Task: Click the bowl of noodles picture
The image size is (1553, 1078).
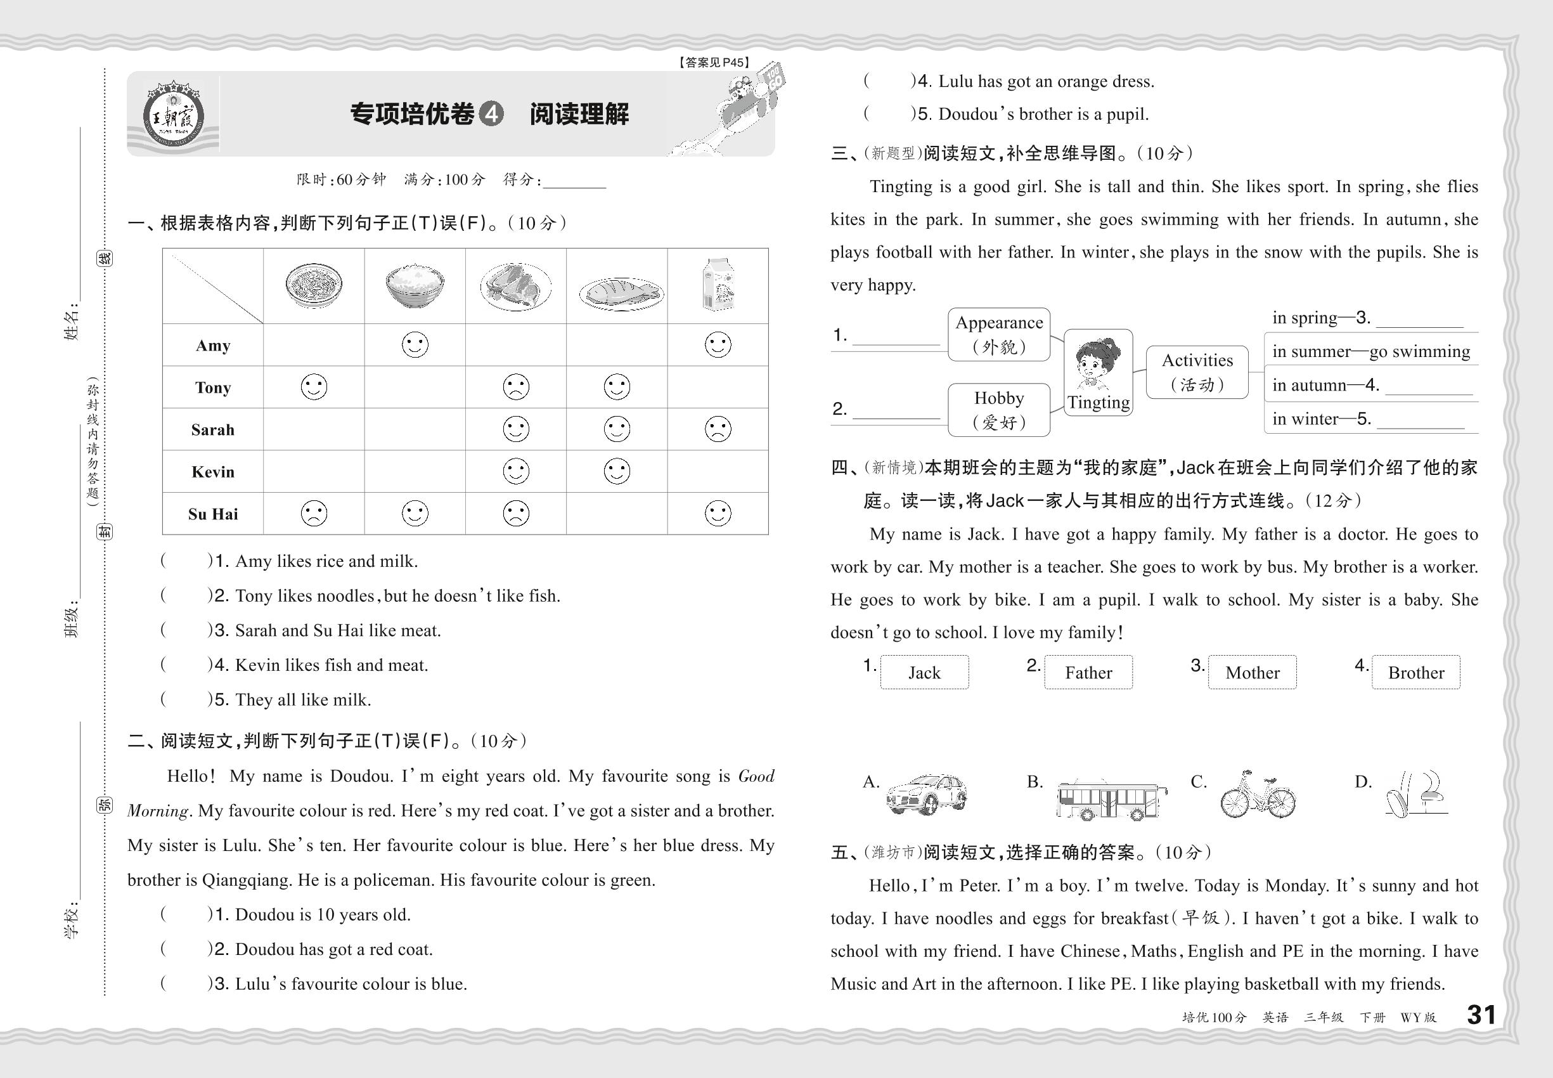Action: (x=313, y=285)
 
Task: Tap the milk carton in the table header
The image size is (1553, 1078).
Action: (x=718, y=284)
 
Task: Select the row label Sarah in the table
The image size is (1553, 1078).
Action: (x=213, y=429)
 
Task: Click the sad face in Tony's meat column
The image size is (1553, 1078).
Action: (x=516, y=387)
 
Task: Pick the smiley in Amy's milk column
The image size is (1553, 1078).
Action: (x=718, y=344)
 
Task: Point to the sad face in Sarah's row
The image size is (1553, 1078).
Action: (x=718, y=429)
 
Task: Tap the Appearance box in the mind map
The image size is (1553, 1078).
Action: (x=998, y=334)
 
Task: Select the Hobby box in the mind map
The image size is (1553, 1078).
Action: (x=998, y=410)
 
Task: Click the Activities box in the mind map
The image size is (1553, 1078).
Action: (x=1197, y=372)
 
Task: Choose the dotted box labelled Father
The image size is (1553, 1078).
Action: (x=1088, y=673)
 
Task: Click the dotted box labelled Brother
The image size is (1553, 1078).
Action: (x=1415, y=673)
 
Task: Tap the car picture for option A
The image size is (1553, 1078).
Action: (x=926, y=795)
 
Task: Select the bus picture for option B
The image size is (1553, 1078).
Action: (x=1111, y=800)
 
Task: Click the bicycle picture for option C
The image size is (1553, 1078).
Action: (x=1257, y=795)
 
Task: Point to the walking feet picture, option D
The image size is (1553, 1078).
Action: (x=1416, y=795)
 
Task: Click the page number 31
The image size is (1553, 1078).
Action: (x=1481, y=1015)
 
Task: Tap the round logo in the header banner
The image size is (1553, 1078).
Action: (x=173, y=115)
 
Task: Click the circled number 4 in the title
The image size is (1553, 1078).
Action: (x=491, y=114)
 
